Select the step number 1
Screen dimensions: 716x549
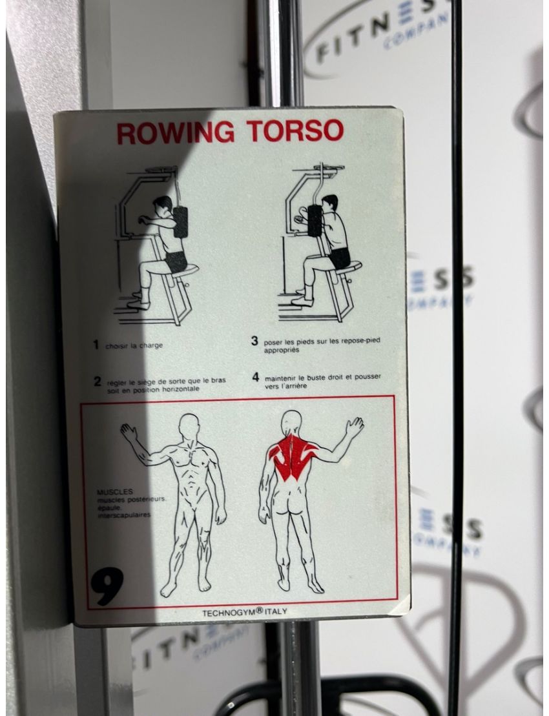(x=96, y=345)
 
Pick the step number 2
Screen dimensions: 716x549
(x=97, y=381)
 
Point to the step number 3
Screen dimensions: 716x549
(x=255, y=341)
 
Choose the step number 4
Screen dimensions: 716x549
(x=255, y=376)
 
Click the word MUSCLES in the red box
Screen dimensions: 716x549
(x=114, y=491)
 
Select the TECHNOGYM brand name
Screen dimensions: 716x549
(x=231, y=612)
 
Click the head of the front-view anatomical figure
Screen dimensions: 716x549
(x=189, y=426)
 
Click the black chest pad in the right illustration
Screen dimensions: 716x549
(x=315, y=221)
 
